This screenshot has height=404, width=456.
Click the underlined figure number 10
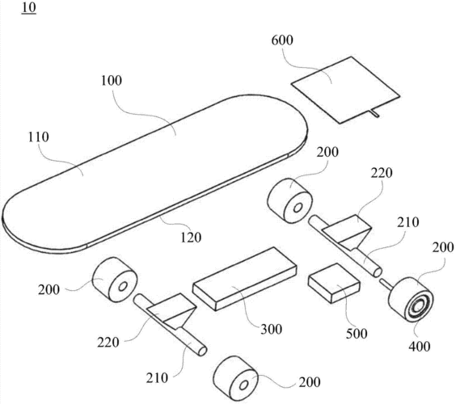[x=29, y=7]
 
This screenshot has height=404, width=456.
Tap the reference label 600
[x=282, y=40]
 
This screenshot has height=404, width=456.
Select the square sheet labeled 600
[x=346, y=90]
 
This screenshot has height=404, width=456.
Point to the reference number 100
[x=112, y=81]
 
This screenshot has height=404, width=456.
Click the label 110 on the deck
[x=38, y=137]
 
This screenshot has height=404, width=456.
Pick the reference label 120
[x=191, y=238]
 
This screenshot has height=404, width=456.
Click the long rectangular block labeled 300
[x=245, y=279]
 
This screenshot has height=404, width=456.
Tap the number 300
[x=271, y=330]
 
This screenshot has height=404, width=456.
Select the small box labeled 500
[x=334, y=284]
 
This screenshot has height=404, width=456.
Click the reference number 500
[x=357, y=334]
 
